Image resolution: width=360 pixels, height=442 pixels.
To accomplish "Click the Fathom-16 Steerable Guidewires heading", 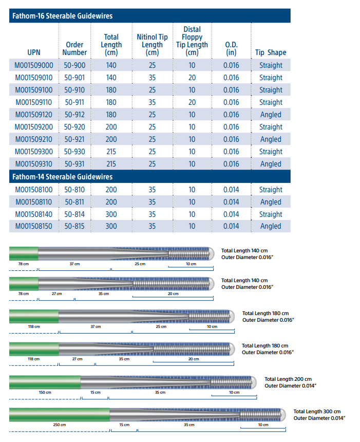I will pyautogui.click(x=62, y=16).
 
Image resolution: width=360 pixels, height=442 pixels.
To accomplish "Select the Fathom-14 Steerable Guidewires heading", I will pyautogui.click(x=62, y=177).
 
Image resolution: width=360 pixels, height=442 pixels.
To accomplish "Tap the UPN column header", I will pyautogui.click(x=34, y=52).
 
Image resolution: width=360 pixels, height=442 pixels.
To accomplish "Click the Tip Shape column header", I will pyautogui.click(x=271, y=52).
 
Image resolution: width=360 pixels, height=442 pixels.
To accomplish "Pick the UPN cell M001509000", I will pyautogui.click(x=34, y=65).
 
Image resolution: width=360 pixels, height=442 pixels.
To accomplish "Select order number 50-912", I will pyautogui.click(x=75, y=115).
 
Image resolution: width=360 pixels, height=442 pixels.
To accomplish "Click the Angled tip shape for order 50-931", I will pyautogui.click(x=271, y=164).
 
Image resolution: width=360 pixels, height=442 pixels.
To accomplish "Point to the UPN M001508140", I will pyautogui.click(x=34, y=214).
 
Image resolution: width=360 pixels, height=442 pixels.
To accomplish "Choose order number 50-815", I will pyautogui.click(x=75, y=226).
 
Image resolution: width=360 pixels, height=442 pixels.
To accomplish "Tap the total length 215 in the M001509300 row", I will pyautogui.click(x=111, y=152).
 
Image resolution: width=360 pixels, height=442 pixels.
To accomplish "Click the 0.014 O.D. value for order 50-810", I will pyautogui.click(x=231, y=190).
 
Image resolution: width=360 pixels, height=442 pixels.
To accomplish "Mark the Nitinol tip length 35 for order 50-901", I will pyautogui.click(x=152, y=78).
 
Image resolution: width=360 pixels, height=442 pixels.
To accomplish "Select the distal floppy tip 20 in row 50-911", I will pyautogui.click(x=192, y=102).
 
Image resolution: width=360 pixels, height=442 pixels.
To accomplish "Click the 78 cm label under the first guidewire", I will pyautogui.click(x=23, y=264).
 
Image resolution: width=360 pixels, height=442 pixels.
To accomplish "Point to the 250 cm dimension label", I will pyautogui.click(x=60, y=425).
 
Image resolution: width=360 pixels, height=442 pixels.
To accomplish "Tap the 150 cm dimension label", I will pyautogui.click(x=45, y=392).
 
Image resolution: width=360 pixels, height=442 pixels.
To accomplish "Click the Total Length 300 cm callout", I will pyautogui.click(x=317, y=412).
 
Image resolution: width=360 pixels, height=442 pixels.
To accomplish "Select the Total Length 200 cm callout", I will pyautogui.click(x=288, y=379).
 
